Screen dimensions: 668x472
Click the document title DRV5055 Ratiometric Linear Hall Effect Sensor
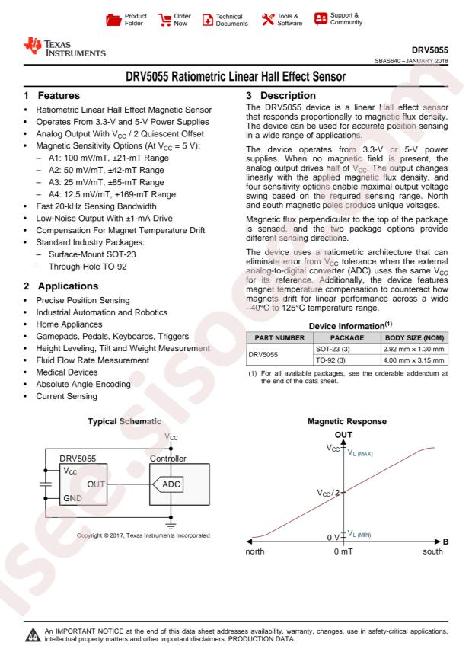[x=235, y=78]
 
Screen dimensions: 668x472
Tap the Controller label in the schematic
[x=167, y=459]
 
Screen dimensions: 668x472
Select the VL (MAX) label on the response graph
[x=361, y=452]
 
